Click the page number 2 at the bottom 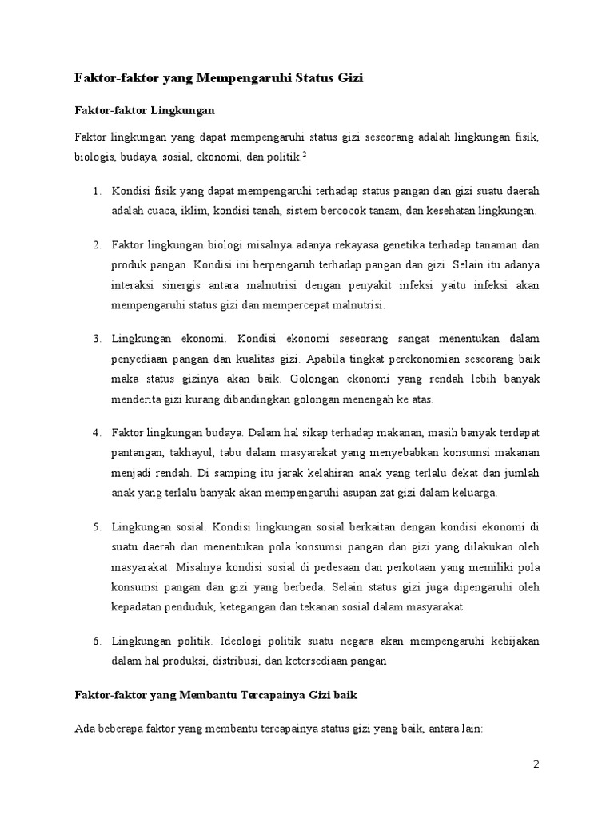click(537, 764)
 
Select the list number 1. click(96, 193)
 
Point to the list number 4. click(96, 433)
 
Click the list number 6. click(96, 642)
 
